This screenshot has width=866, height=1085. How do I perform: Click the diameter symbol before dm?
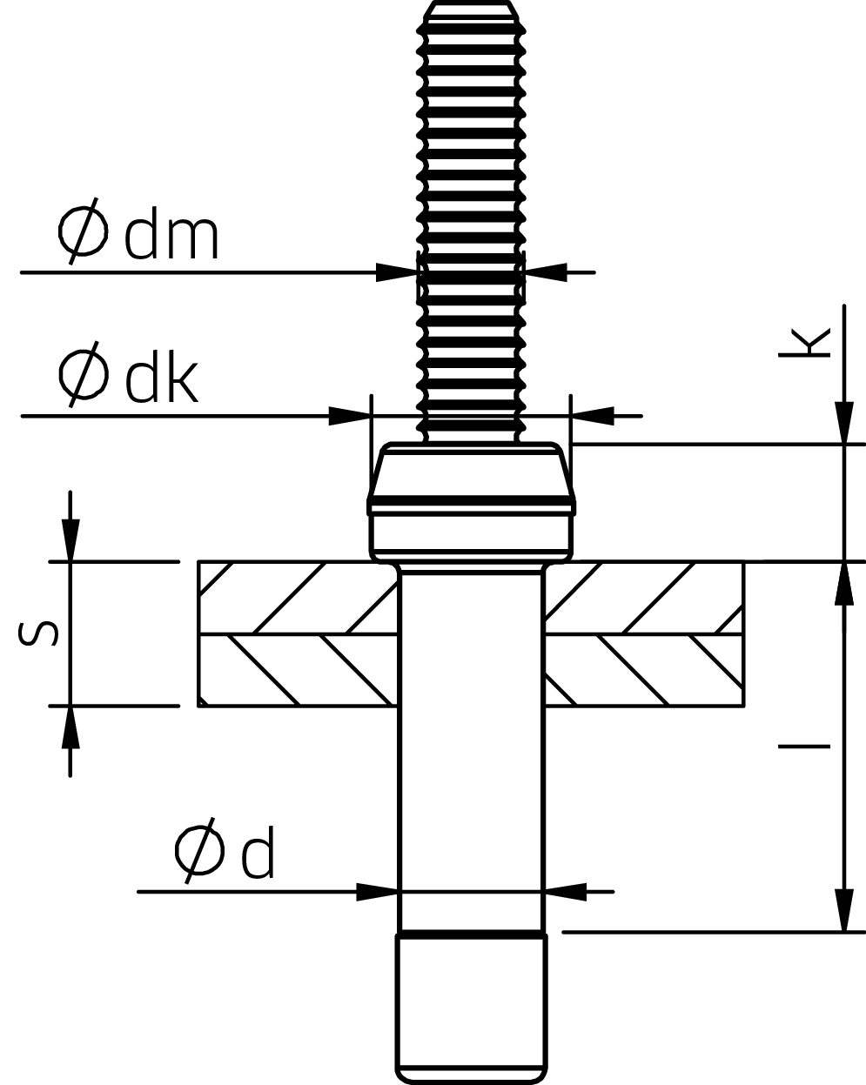click(84, 232)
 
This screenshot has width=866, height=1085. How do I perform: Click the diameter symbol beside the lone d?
click(199, 851)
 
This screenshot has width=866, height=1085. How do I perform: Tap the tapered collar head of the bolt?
click(471, 474)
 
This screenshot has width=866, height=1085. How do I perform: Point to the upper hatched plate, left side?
click(296, 598)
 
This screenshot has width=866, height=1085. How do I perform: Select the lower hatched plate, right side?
click(644, 670)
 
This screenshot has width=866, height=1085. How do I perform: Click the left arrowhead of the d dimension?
click(378, 891)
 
